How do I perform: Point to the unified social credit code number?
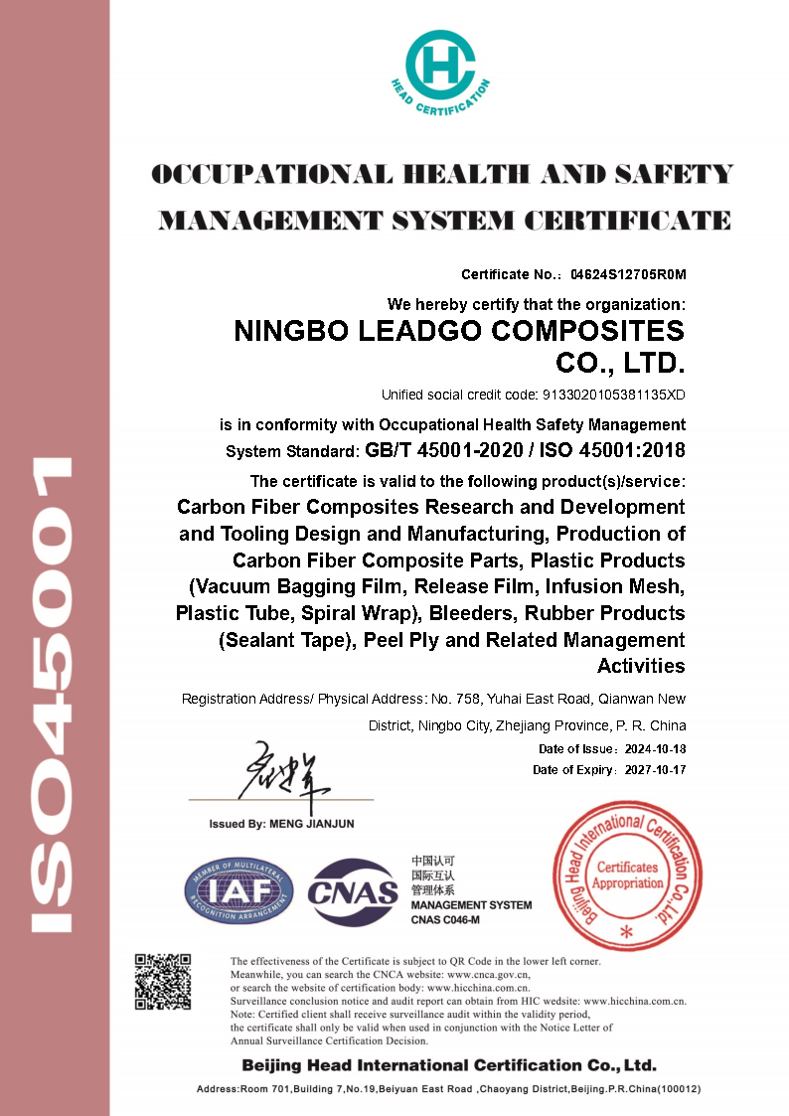click(x=613, y=395)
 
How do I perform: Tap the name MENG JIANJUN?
click(x=312, y=824)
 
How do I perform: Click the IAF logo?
click(x=238, y=890)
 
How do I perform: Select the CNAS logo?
click(x=353, y=891)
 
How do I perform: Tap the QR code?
click(x=163, y=982)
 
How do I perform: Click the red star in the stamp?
click(x=626, y=932)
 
